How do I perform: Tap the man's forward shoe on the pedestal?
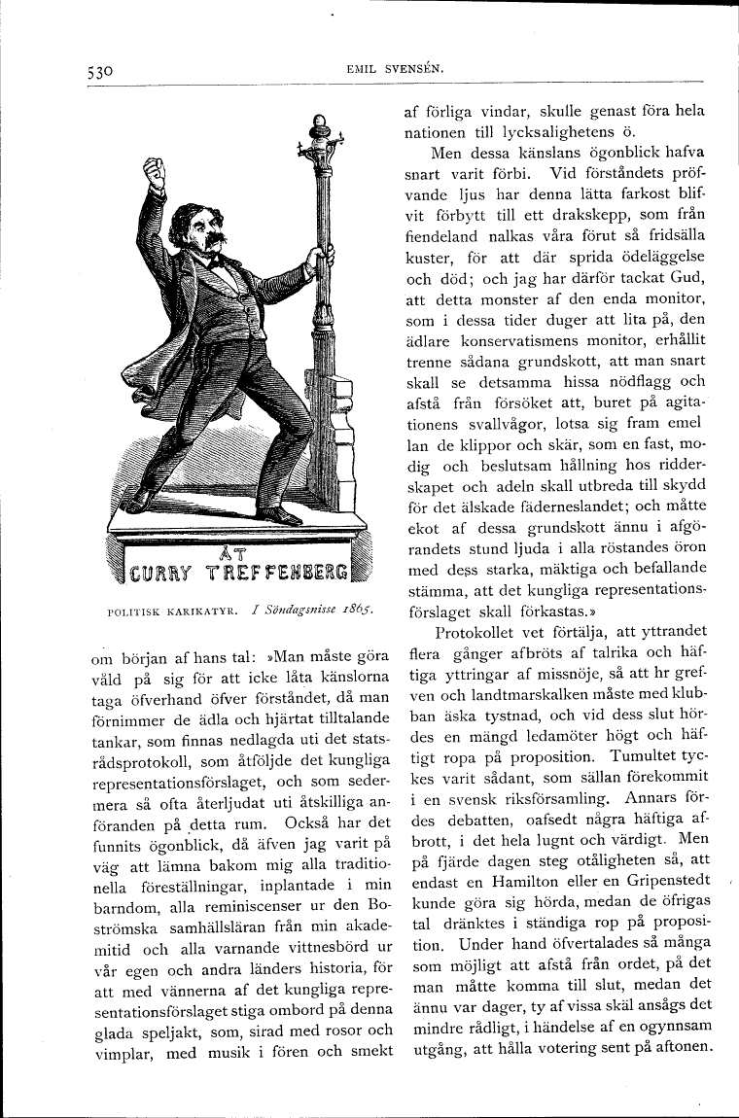pyautogui.click(x=279, y=514)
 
